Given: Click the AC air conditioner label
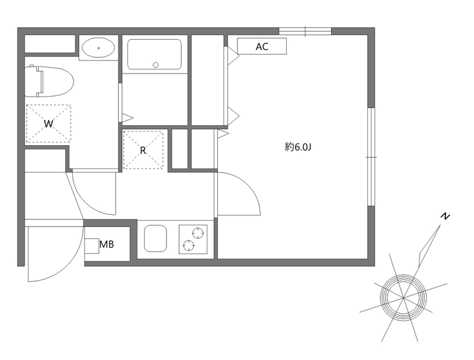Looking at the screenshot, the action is coord(262,46).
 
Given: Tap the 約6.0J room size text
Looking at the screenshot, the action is coord(298,147).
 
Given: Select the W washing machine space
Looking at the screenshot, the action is coord(49,123).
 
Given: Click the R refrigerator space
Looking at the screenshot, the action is coord(143,149).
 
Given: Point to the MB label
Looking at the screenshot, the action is coord(107,244).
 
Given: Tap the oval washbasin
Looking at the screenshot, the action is coord(98,48).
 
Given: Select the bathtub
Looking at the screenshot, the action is coord(155,54).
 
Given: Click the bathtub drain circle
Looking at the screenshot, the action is coord(156,65).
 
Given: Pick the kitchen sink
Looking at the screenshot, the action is coord(155,238).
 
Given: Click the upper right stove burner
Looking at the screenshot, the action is coord(198,233).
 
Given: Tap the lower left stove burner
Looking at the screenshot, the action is coord(188,245).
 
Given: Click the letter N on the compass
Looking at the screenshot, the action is coord(445,216).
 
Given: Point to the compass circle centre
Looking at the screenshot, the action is coord(403,298).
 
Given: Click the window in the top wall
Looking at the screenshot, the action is coord(305,31).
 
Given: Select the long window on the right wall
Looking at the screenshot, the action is coord(371,157).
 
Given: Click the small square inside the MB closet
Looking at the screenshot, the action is coord(92,246).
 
